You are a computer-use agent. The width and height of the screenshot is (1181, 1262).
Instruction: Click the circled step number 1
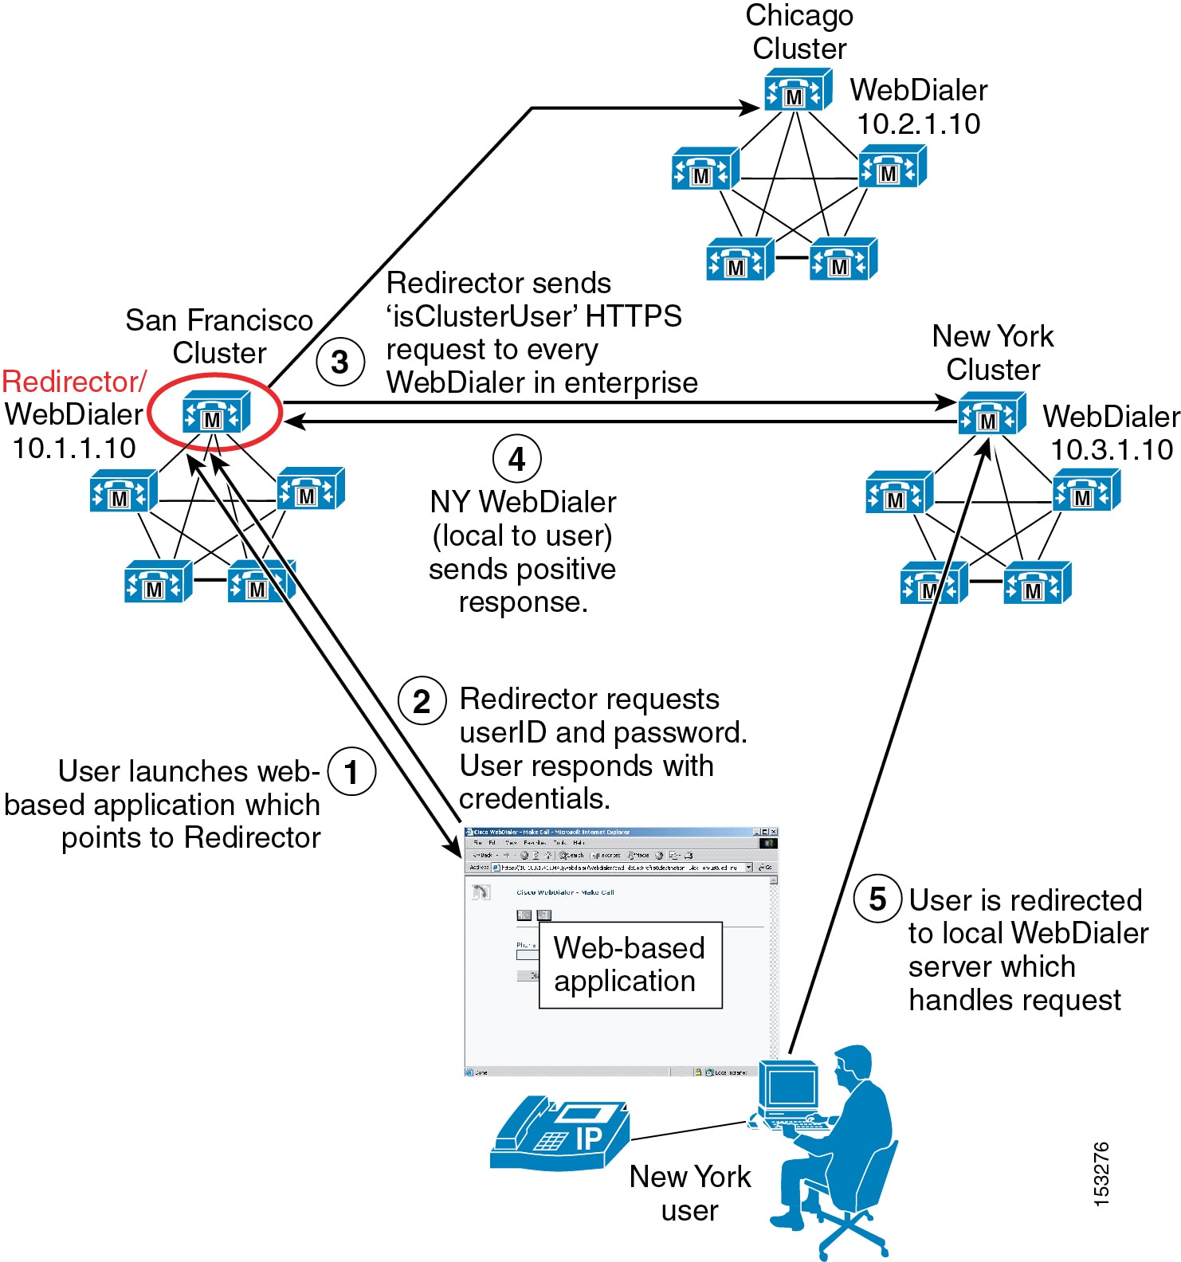[x=351, y=772]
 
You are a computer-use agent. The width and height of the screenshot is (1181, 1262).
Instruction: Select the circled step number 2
[x=422, y=701]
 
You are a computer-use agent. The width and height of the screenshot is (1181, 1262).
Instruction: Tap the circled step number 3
[x=340, y=363]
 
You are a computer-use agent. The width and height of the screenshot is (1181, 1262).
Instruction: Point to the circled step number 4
[x=517, y=459]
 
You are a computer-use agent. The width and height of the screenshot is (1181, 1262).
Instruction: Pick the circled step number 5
[x=877, y=899]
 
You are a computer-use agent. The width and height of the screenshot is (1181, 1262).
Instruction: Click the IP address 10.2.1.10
[x=918, y=123]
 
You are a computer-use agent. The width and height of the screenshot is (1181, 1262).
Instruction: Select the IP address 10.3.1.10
[x=1112, y=449]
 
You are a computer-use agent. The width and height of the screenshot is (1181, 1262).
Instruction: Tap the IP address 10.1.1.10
[x=74, y=448]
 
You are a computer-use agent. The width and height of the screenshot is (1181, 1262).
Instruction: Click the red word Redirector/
[x=74, y=382]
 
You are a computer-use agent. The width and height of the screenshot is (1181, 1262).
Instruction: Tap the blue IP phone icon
[x=559, y=1135]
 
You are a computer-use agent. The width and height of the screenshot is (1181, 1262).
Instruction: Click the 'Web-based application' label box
[x=630, y=965]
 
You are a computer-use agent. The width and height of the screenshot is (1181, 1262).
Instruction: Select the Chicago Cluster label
[x=799, y=32]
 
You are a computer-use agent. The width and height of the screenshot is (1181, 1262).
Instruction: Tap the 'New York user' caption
[x=690, y=1193]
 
